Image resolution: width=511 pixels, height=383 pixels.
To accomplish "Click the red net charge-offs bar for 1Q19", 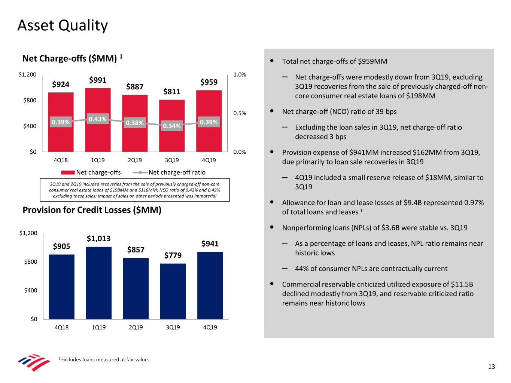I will [98, 138].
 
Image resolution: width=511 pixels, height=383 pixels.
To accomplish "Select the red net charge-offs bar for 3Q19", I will [172, 140].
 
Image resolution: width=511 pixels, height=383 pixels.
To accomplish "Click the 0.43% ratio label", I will [98, 119].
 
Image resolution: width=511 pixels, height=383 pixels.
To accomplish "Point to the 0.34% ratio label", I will [172, 126].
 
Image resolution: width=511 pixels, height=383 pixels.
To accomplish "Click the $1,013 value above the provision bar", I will [99, 239].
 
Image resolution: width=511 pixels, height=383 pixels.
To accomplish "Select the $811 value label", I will [172, 92].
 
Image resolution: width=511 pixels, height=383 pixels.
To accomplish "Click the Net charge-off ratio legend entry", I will [177, 172].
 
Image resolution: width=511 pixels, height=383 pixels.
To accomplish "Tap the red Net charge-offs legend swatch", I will [68, 172].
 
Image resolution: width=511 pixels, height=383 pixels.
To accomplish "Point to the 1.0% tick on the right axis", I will [240, 74].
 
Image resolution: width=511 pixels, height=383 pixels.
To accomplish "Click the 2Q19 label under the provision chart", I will [136, 327].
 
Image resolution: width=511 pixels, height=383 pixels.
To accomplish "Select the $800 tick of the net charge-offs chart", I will [30, 100].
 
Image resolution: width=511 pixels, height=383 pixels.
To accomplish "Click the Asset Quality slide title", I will [63, 25].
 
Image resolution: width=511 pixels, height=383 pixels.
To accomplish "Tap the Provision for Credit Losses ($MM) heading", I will [92, 210].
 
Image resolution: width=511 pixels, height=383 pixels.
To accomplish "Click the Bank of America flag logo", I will [34, 362].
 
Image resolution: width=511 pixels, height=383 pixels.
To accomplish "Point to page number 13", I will [492, 367].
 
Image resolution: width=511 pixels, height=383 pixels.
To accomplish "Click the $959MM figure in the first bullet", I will [372, 61].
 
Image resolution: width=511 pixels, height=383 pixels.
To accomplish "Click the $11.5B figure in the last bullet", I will [462, 284].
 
